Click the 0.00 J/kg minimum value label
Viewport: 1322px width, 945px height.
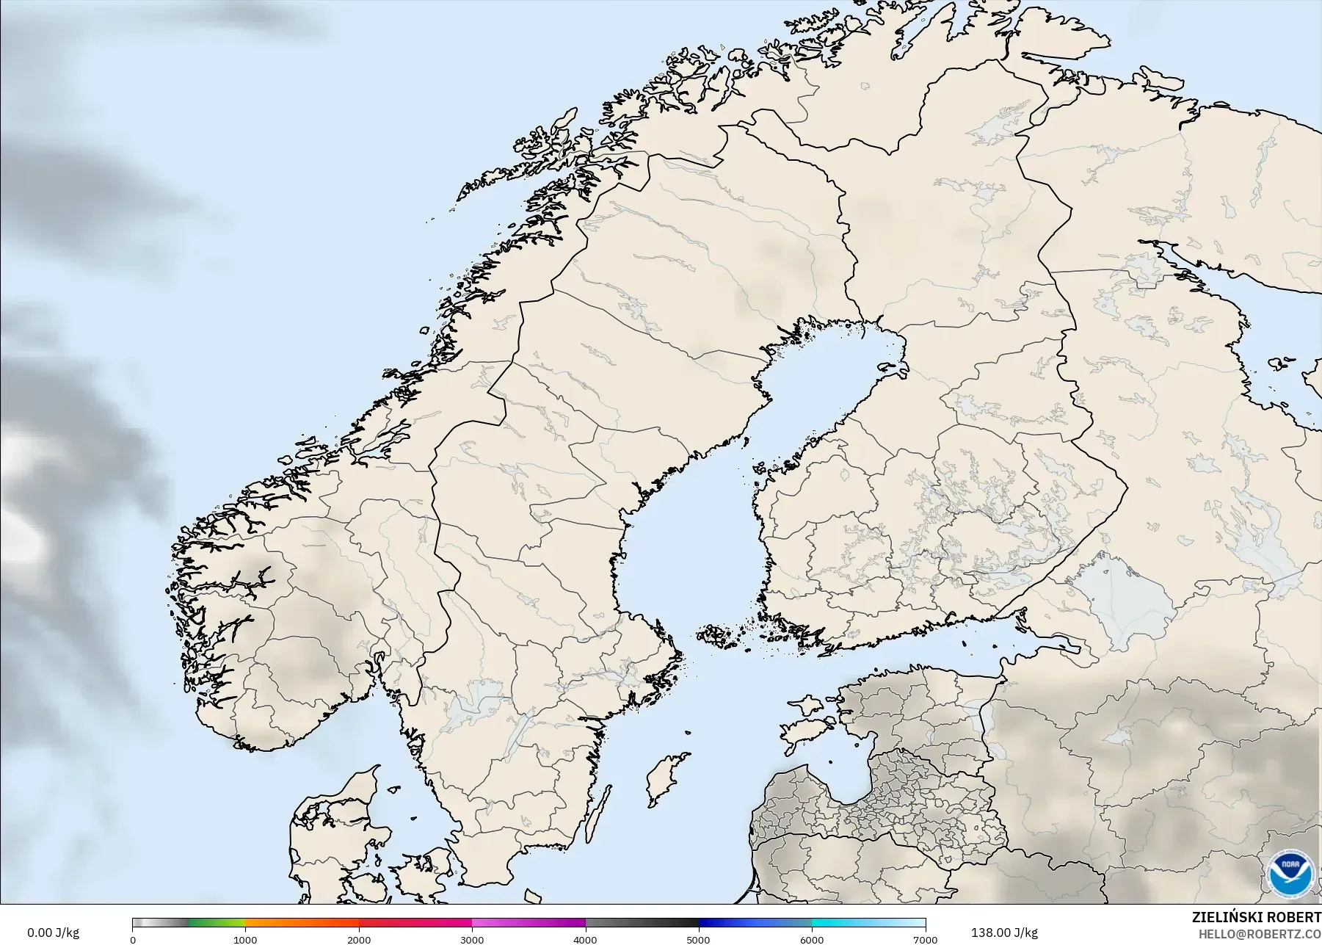pos(53,933)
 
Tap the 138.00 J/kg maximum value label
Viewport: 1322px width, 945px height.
pos(1003,933)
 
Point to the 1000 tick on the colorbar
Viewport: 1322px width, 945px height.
pos(245,939)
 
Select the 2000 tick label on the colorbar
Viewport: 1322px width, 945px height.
pos(359,939)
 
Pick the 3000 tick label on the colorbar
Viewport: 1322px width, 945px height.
pos(472,939)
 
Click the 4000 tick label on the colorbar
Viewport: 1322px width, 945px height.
pos(585,939)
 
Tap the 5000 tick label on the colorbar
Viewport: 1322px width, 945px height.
pos(698,939)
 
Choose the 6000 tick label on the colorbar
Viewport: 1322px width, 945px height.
pos(812,939)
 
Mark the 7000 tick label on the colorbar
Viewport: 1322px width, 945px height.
pos(925,939)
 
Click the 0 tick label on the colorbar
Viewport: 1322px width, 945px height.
pos(133,939)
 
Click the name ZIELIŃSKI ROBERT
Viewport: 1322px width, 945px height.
pos(1256,918)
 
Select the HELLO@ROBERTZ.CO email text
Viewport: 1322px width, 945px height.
pos(1260,934)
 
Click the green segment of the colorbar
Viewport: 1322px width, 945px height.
pos(217,923)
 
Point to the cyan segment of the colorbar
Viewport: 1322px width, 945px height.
pos(844,923)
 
